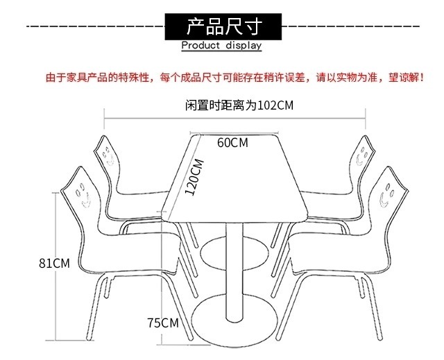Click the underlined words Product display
(x=221, y=46)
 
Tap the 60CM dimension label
(x=232, y=143)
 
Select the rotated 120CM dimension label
(x=196, y=178)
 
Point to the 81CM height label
(x=55, y=263)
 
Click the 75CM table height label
(x=163, y=323)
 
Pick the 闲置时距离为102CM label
(x=239, y=106)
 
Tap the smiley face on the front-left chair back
(x=84, y=195)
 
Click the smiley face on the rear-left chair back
(x=109, y=157)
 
